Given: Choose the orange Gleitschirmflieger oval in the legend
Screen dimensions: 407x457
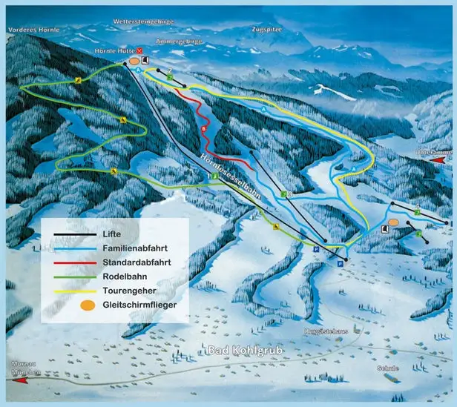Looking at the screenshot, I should pos(67,305).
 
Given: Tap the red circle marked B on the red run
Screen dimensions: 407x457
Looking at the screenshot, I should pos(203,129).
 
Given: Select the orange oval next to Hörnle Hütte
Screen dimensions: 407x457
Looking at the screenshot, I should pos(134,60).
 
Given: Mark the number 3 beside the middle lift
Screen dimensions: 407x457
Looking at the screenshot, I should pos(290,193).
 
